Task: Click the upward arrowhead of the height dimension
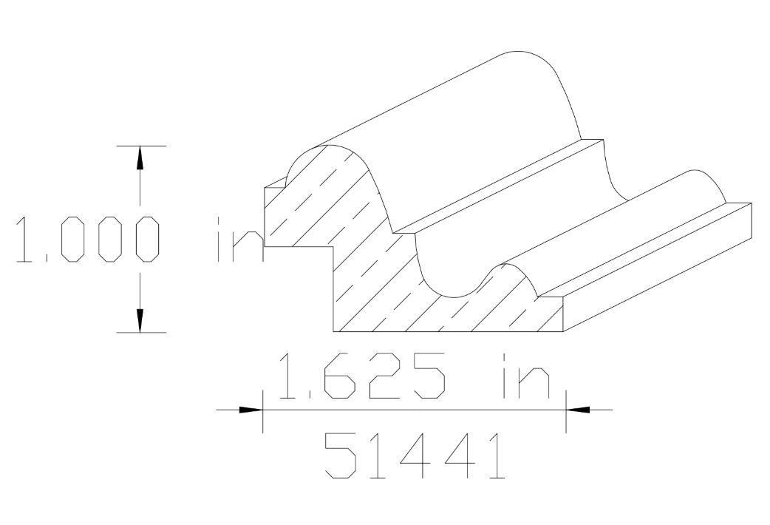pos(139,157)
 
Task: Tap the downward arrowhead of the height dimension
pos(139,320)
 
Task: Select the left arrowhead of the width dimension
pos(251,409)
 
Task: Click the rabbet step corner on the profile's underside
pos(335,247)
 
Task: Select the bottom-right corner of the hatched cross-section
pos(563,331)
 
